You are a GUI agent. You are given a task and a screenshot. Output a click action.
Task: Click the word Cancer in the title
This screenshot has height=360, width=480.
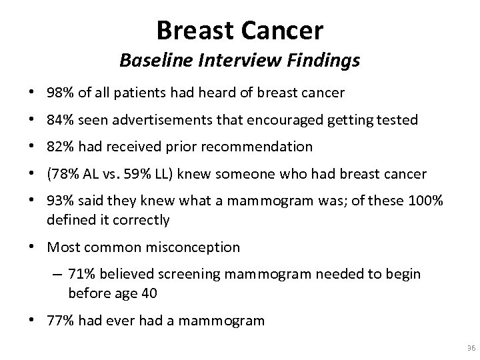point(283,30)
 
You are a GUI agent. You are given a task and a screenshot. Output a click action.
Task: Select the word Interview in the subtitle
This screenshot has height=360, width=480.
point(231,61)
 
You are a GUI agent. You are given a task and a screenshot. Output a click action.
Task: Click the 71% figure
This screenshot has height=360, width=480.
point(83,275)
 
